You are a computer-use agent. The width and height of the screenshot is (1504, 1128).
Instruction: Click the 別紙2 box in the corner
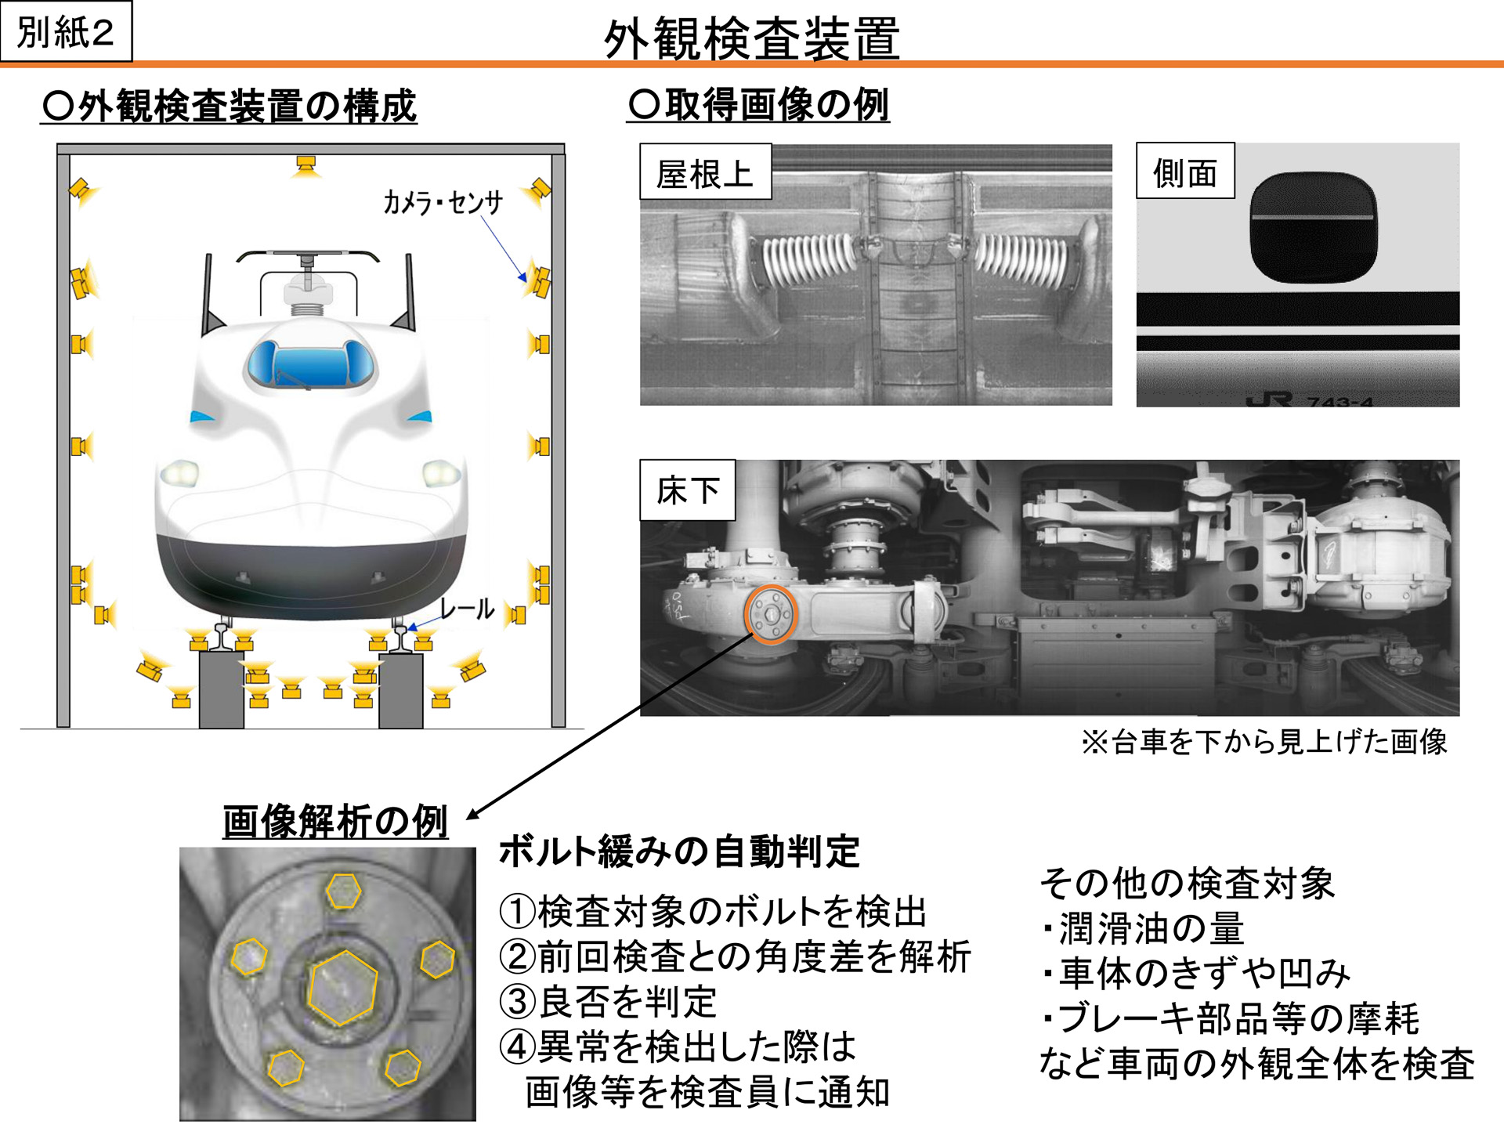(66, 31)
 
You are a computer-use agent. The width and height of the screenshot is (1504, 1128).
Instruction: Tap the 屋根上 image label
(705, 172)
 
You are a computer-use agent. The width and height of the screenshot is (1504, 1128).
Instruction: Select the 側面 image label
(1184, 172)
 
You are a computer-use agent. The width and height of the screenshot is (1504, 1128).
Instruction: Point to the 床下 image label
(687, 490)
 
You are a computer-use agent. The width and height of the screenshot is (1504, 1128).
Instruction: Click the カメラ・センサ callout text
(443, 202)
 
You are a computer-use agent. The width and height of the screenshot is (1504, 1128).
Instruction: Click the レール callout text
(467, 608)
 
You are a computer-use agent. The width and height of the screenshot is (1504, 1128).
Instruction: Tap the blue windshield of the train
(312, 364)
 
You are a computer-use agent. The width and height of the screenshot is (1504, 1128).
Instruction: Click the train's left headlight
(179, 473)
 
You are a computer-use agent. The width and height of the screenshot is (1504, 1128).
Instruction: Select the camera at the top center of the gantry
(305, 165)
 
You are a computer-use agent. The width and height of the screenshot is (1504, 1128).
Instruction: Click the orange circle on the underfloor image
(770, 614)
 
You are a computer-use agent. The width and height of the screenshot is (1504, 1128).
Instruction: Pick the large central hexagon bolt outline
(342, 988)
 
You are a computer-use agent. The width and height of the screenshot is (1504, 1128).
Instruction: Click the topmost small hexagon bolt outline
(343, 891)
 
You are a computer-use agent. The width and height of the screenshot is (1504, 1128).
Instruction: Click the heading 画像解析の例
(334, 822)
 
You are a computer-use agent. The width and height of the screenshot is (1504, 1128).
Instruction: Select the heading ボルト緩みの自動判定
(679, 851)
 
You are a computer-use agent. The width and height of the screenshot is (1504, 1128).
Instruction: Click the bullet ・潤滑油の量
(1143, 929)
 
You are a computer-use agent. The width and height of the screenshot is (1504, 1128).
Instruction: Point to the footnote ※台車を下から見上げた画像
(1263, 741)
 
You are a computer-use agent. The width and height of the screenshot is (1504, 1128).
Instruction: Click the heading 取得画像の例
(758, 104)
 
